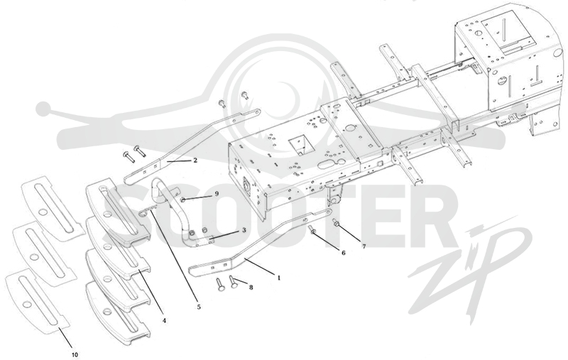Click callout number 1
point(279,278)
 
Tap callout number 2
point(195,160)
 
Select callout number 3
point(244,230)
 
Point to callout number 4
point(164,320)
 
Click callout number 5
point(199,307)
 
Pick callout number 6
point(344,253)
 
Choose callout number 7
point(364,246)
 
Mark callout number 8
point(251,287)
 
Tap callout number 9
point(217,194)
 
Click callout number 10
point(75,354)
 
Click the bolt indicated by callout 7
point(336,224)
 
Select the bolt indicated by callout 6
point(312,229)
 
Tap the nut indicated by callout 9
point(183,200)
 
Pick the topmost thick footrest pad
point(118,209)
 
